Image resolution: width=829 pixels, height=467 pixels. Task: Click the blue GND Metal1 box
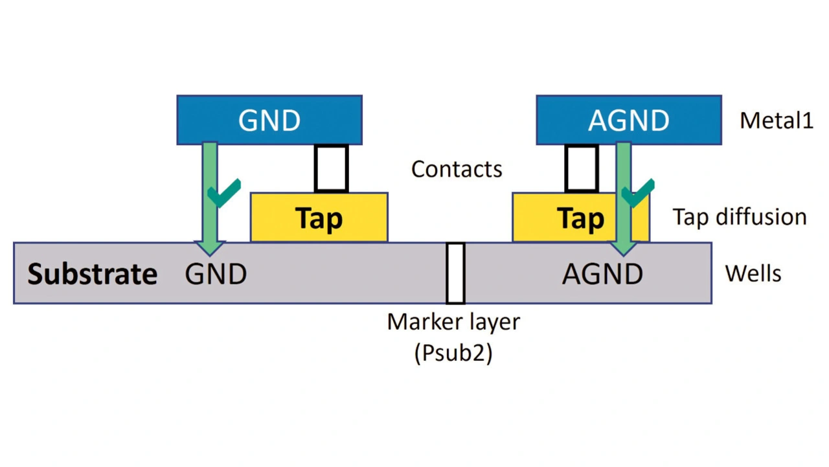pyautogui.click(x=269, y=120)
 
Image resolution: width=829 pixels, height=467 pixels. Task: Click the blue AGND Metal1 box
pyautogui.click(x=628, y=120)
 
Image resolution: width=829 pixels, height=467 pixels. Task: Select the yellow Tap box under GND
pyautogui.click(x=319, y=218)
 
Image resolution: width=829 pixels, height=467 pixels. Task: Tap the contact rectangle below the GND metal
pyautogui.click(x=331, y=168)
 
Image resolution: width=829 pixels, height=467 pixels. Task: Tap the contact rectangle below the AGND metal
pyautogui.click(x=581, y=168)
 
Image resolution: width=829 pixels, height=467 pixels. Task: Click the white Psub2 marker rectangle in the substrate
pyautogui.click(x=455, y=273)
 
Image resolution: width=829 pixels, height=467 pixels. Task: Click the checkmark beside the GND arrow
pyautogui.click(x=224, y=192)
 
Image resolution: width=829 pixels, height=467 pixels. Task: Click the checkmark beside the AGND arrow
pyautogui.click(x=637, y=192)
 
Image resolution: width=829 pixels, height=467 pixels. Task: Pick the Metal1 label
pyautogui.click(x=776, y=120)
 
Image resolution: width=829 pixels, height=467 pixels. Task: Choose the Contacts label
pyautogui.click(x=457, y=169)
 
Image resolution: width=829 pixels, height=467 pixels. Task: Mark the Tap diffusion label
pyautogui.click(x=740, y=217)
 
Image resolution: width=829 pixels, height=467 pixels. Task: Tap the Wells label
pyautogui.click(x=753, y=274)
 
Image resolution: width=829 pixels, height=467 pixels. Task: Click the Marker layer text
pyautogui.click(x=453, y=321)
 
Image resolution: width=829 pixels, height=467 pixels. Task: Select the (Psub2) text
pyautogui.click(x=453, y=354)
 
